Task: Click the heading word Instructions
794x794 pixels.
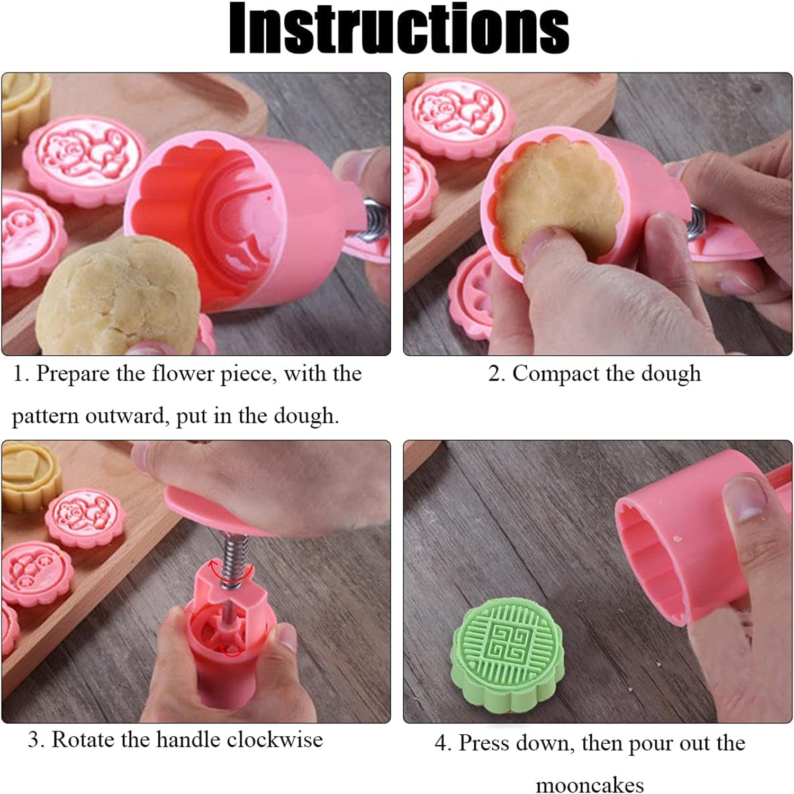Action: (x=398, y=29)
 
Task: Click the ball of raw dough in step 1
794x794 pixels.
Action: (x=119, y=296)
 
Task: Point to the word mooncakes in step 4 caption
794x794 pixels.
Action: (x=589, y=784)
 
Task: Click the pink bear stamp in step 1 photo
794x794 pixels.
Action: (x=85, y=159)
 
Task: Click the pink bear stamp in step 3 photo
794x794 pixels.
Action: (x=85, y=516)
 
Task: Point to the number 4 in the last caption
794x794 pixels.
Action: (x=441, y=743)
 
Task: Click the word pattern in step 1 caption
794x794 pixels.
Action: (x=44, y=417)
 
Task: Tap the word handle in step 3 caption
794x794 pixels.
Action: (x=188, y=739)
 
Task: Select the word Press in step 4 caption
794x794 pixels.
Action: (x=479, y=743)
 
